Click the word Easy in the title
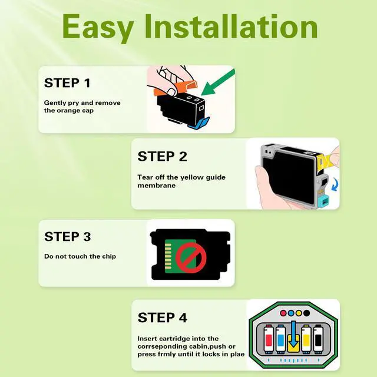tap(98, 29)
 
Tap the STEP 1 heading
tap(67, 83)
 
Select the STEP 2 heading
tap(162, 157)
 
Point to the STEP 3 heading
tap(68, 237)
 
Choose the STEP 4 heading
tap(163, 318)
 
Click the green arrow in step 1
tap(217, 82)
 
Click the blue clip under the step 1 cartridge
tap(199, 123)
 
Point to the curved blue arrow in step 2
tap(335, 184)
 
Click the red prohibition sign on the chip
tap(191, 257)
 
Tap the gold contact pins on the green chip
tap(168, 256)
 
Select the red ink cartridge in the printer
tap(269, 339)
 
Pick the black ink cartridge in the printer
tap(318, 339)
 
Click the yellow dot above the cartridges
tap(299, 313)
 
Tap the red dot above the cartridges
tap(283, 313)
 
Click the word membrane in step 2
tap(157, 186)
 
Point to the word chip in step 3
tap(109, 257)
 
